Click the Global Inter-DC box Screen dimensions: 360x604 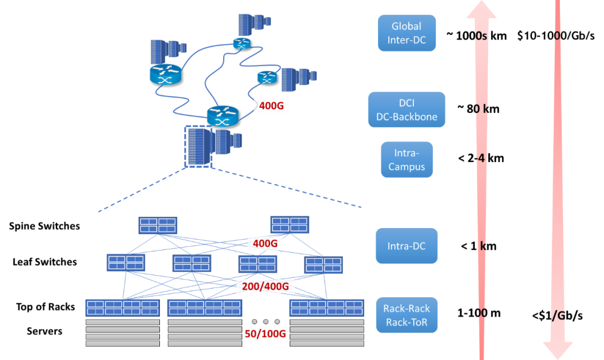tap(407, 33)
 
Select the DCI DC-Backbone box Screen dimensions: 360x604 tap(407, 110)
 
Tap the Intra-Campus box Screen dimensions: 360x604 tap(407, 159)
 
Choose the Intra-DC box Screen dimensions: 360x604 tap(407, 245)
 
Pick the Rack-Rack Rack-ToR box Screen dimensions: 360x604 tap(407, 315)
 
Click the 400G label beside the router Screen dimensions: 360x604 tap(272, 105)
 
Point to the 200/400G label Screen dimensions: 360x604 tap(265, 287)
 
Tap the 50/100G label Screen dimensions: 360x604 tap(265, 334)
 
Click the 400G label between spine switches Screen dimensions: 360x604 tap(265, 243)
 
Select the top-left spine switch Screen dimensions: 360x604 tap(158, 225)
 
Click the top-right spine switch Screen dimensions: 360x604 tap(289, 225)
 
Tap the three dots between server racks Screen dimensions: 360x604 tap(265, 321)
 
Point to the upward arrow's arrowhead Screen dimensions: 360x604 tap(482, 10)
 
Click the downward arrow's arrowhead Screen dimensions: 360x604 tap(558, 349)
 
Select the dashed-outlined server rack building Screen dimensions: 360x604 tap(199, 146)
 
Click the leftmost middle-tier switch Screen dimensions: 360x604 tap(126, 262)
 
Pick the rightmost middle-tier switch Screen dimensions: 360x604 tap(323, 264)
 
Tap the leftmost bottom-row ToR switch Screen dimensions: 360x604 tap(122, 307)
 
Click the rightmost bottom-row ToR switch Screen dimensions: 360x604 tap(327, 307)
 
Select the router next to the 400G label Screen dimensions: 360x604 tap(223, 116)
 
